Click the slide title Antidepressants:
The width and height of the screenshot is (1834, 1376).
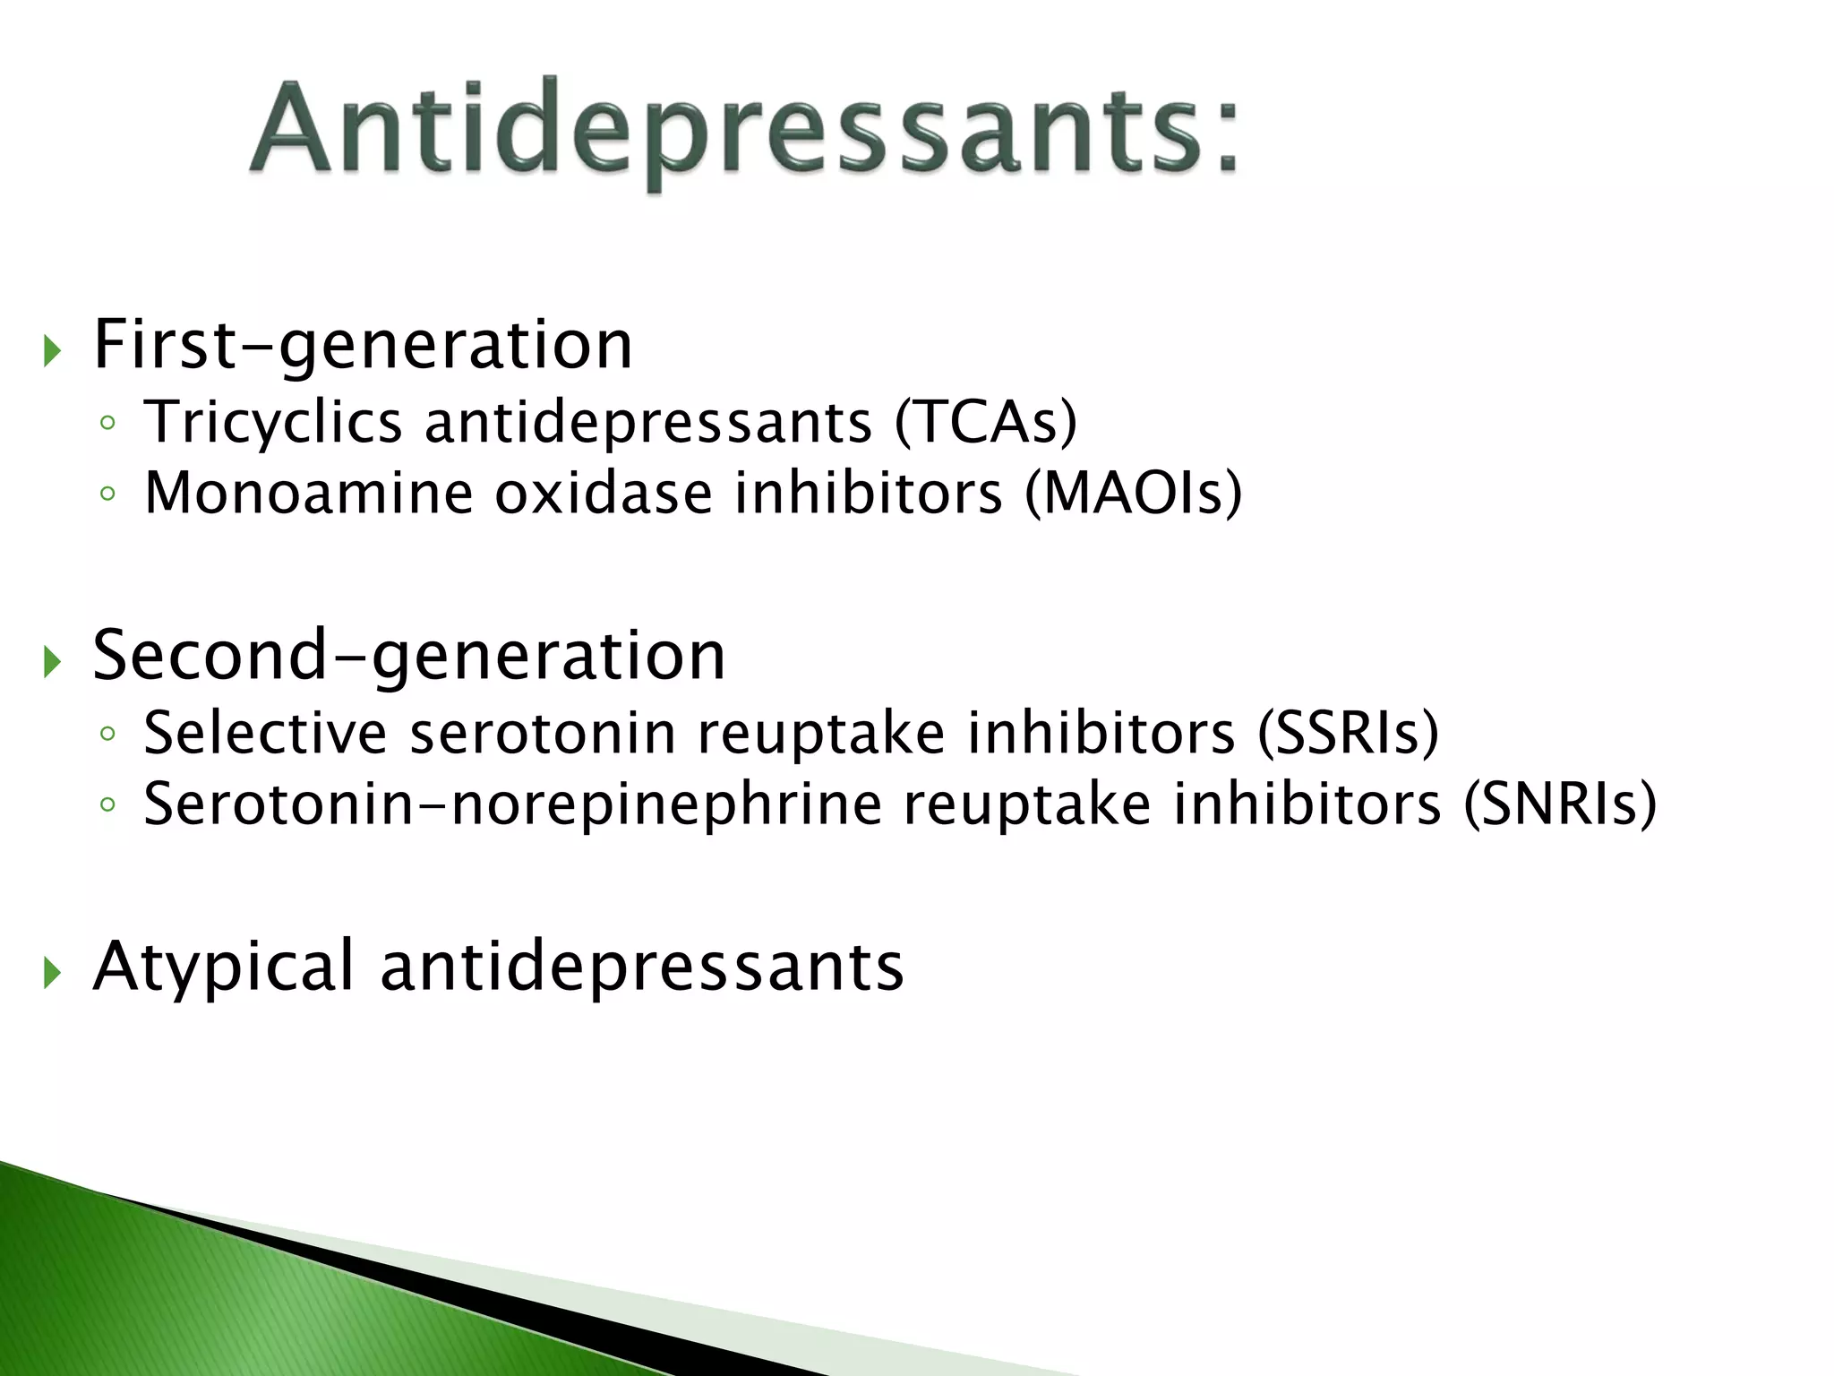point(743,130)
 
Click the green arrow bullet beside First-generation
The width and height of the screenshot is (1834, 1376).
point(52,351)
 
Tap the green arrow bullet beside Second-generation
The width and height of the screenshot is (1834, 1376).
point(52,662)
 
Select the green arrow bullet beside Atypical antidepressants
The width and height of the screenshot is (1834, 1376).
point(52,972)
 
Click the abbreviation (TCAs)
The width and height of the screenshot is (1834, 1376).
point(986,422)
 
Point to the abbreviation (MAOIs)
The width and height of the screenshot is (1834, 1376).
point(1133,493)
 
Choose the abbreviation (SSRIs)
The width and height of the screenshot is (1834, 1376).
point(1348,734)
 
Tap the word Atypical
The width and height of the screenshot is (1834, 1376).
point(224,967)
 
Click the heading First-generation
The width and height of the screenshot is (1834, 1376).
point(363,345)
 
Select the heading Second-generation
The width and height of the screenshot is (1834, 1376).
point(408,656)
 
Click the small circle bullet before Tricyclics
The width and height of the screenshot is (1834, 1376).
point(107,423)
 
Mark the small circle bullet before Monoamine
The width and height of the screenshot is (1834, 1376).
point(107,494)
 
